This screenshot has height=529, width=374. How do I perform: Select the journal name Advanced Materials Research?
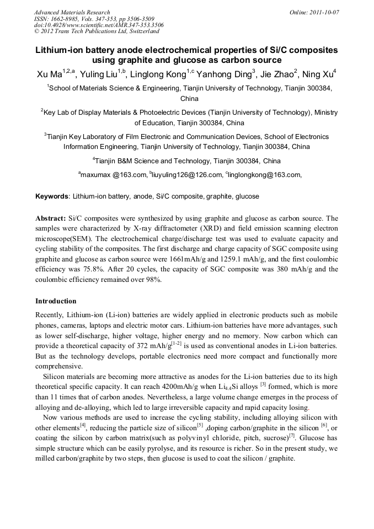click(x=72, y=12)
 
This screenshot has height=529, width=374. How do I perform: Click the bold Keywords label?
click(x=52, y=196)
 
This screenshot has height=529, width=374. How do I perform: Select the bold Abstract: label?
click(x=51, y=219)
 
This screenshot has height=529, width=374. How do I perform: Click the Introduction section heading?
click(x=56, y=301)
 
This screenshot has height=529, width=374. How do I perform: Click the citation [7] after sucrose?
click(x=292, y=436)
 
